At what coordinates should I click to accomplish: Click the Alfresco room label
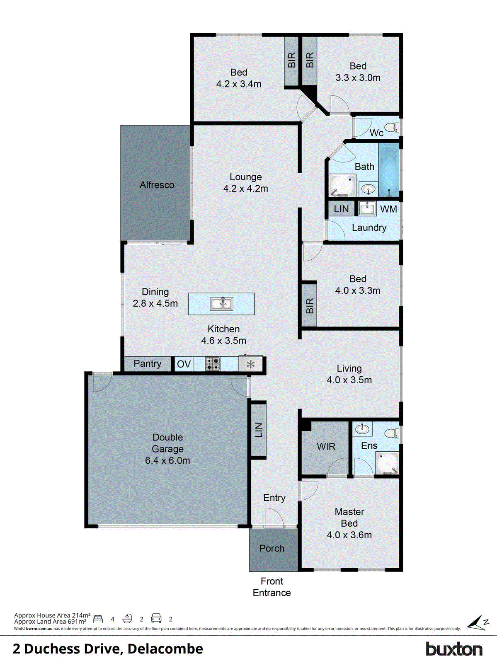pos(157,185)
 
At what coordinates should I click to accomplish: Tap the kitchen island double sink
pos(221,304)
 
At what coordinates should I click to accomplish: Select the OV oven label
pos(184,364)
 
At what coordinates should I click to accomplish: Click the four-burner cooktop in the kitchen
pos(213,364)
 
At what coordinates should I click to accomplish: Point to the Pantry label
pos(148,363)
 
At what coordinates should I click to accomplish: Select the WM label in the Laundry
pos(388,209)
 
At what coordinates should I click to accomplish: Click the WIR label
pos(326,447)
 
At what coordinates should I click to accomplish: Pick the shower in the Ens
pos(387,463)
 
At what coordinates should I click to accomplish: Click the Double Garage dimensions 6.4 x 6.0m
pos(167,460)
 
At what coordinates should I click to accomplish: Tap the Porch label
pos(272,548)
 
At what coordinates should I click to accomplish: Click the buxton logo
pos(454,649)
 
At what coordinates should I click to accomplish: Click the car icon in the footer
pos(156,619)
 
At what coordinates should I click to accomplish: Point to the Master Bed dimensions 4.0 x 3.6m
pos(349,535)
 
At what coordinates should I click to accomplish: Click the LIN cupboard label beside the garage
pos(259,430)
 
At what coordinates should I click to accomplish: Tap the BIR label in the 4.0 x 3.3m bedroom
pos(309,306)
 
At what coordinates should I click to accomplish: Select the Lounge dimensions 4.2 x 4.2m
pos(246,189)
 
